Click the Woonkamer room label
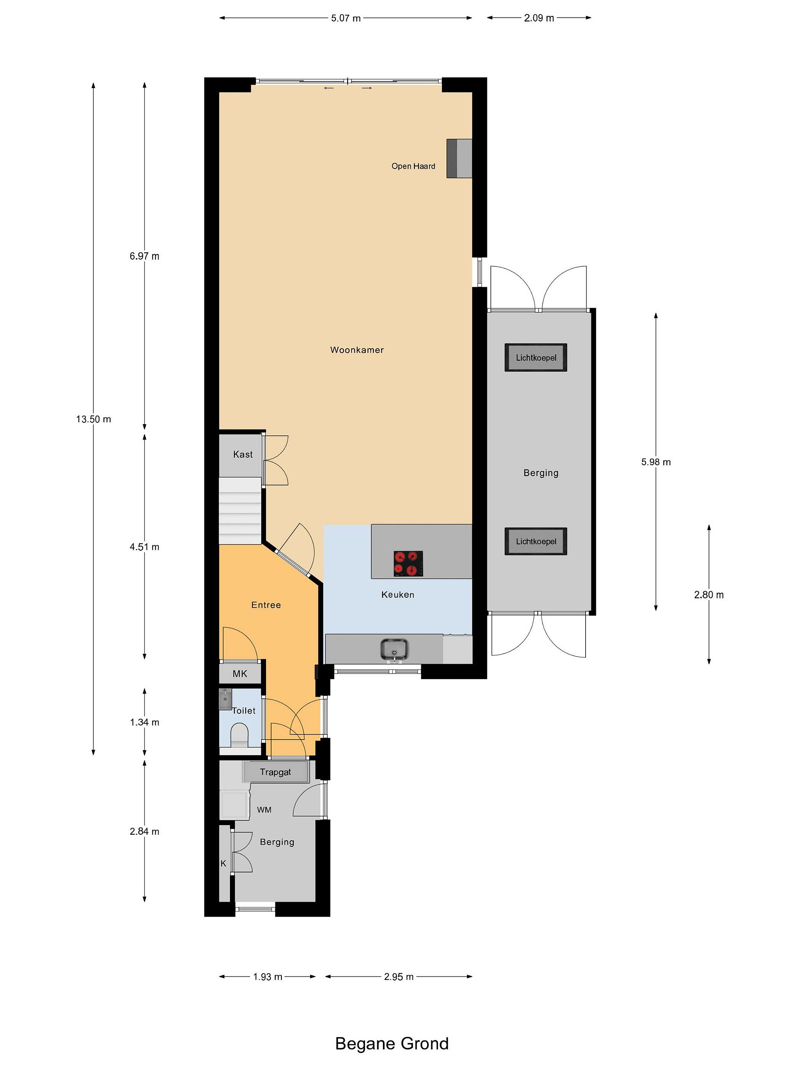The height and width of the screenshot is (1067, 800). point(357,350)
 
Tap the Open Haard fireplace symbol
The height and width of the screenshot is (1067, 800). point(459,158)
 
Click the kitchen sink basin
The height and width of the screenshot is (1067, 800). point(394,649)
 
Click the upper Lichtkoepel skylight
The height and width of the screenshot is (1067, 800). point(536,358)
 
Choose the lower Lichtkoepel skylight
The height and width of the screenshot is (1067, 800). point(536,541)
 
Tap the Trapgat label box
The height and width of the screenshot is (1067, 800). point(275,772)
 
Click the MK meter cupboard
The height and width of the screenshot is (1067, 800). point(240,674)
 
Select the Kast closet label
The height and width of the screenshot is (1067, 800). point(243,454)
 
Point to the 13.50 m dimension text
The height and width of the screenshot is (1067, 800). point(94,419)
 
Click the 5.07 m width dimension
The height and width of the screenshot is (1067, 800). point(346,18)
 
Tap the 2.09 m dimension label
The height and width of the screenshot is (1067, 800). point(539,18)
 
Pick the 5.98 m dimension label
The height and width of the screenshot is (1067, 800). point(656,462)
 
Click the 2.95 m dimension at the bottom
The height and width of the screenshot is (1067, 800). point(399,977)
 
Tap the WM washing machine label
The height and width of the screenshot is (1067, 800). point(264,810)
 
